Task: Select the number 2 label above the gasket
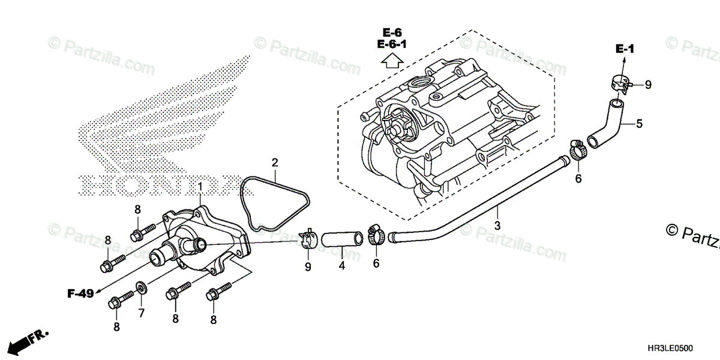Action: click(274, 163)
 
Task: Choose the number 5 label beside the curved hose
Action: click(639, 124)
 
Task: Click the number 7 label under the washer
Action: click(142, 313)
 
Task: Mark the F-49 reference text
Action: click(80, 293)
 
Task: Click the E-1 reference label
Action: click(625, 49)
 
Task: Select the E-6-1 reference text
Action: click(391, 44)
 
